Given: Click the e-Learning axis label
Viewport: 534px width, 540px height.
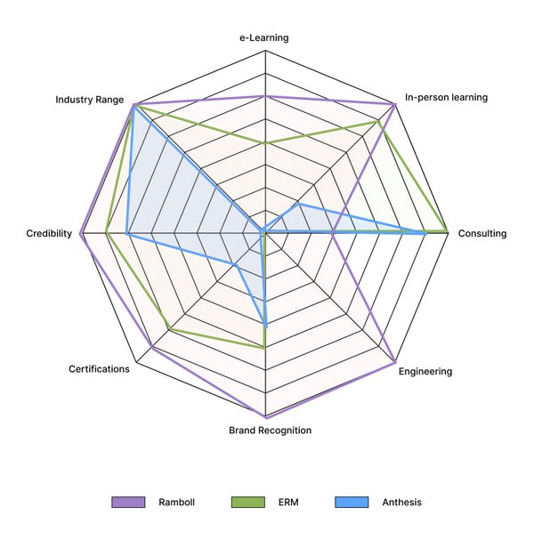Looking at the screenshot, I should point(264,38).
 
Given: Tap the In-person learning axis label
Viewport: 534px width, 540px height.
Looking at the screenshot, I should point(446,97).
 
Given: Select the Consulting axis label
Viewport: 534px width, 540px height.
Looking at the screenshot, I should point(481,234).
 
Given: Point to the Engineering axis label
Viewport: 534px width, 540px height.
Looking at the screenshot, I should point(425,371).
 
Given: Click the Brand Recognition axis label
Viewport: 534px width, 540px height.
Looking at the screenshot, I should point(270,431).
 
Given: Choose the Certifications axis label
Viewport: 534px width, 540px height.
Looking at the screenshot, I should point(99,368).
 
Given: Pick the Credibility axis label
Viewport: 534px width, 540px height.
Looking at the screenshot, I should point(49,233).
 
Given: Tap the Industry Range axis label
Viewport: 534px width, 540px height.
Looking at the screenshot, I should point(89,100).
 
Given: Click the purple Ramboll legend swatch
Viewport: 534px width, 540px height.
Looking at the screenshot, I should point(128,503).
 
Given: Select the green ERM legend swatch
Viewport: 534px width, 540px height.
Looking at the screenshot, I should point(247,503).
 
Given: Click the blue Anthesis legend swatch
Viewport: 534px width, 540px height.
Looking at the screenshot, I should point(352,503).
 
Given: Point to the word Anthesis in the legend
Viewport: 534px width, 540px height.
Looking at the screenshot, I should point(401,503).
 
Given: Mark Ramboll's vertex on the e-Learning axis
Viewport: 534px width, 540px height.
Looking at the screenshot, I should point(265,96).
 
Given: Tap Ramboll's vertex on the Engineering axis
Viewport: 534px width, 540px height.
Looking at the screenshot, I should point(394,363).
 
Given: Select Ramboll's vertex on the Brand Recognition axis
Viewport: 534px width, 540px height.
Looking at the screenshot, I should point(265,417).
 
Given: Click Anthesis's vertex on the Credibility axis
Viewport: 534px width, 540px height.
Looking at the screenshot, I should point(127,234).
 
